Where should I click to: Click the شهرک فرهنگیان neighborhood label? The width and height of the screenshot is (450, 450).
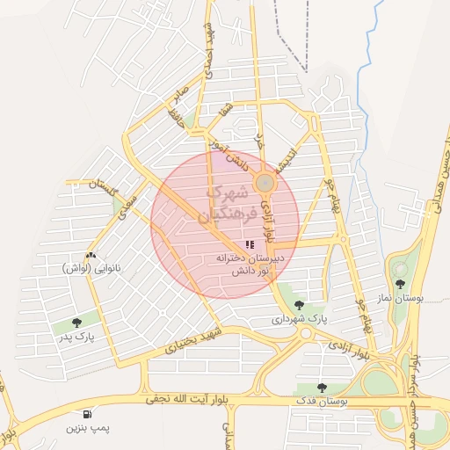click(227, 202)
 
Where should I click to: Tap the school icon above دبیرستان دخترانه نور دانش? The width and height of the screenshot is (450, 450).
click(250, 244)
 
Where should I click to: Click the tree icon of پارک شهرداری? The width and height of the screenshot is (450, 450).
click(299, 305)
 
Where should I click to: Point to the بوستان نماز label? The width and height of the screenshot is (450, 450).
click(406, 298)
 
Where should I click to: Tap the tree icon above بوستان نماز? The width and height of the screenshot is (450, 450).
click(401, 284)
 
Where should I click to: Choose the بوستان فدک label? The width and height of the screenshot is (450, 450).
click(323, 401)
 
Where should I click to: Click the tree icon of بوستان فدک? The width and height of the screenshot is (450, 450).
click(322, 387)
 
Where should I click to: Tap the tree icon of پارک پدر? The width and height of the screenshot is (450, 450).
click(76, 323)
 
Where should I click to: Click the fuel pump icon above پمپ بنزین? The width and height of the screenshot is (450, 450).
click(86, 414)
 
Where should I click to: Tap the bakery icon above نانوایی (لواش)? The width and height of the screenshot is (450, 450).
click(92, 254)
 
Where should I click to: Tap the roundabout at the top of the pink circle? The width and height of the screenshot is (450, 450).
click(265, 182)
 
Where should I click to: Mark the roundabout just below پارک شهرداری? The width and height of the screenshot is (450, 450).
click(306, 333)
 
